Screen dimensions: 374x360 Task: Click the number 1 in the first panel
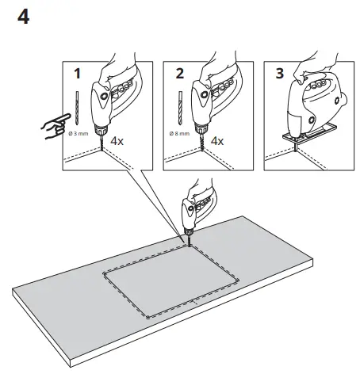point(77,74)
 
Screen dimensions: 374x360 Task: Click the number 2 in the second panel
point(178,74)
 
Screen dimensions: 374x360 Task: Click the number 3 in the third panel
point(278,74)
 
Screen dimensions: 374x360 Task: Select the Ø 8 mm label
point(178,135)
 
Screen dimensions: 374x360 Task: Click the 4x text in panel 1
point(117,142)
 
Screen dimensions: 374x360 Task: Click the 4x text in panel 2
point(217,142)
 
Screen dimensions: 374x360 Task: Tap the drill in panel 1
point(112,103)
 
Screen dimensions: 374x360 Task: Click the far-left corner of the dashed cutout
point(103,273)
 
